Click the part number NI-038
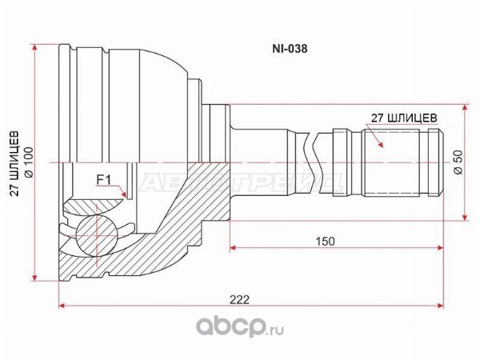pos(290,49)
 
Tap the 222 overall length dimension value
pos(240,300)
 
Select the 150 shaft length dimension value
pos(325,242)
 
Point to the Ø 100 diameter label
pos(29,162)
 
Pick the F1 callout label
pos(103,180)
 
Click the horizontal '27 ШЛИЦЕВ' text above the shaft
pos(404,118)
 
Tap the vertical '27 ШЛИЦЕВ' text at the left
pos(14,164)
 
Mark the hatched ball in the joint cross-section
pos(97,235)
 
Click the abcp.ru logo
pos(240,326)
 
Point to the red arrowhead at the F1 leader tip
pos(123,194)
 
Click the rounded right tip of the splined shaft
pos(441,162)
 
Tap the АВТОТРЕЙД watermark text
pos(241,183)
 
